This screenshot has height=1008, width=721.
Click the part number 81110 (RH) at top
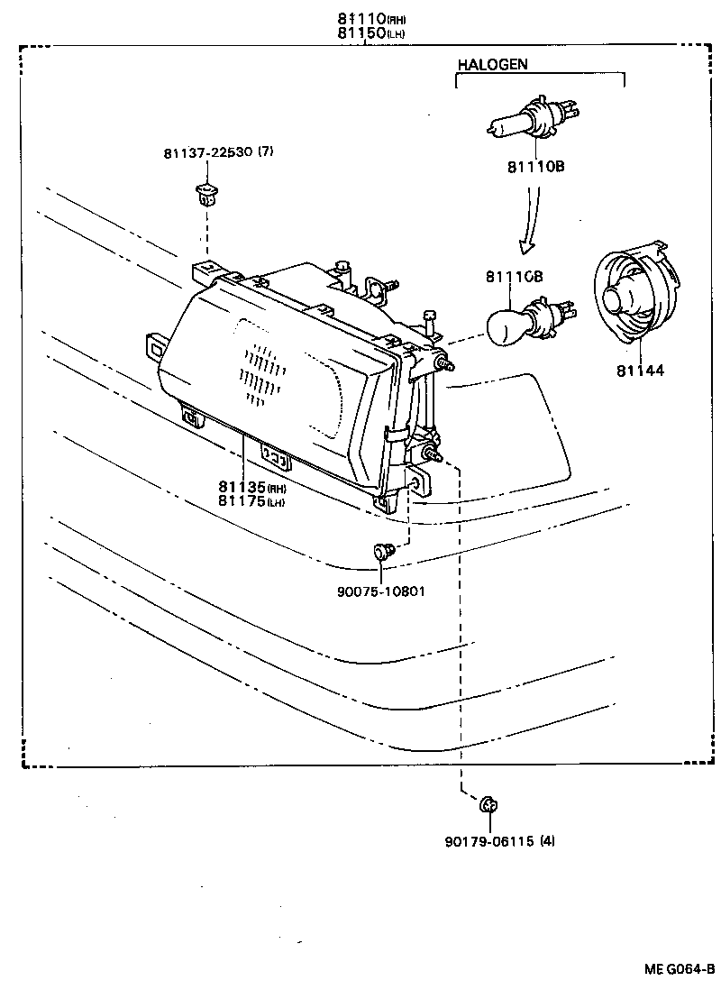point(365,18)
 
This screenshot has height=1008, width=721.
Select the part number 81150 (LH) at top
point(365,32)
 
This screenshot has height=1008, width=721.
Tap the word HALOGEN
point(492,64)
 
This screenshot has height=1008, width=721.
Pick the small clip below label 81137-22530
point(205,193)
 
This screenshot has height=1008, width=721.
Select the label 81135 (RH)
point(252,489)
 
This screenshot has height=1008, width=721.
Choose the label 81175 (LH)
point(252,501)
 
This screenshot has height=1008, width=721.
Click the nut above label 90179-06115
point(489,804)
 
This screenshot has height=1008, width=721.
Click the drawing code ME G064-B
point(679,969)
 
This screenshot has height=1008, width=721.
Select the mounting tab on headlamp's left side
point(156,346)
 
